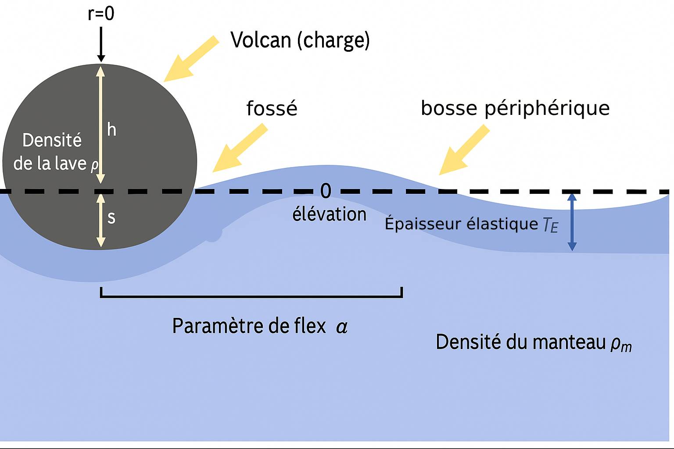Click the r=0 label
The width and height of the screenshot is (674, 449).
click(x=101, y=14)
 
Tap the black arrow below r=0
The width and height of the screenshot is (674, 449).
click(x=101, y=44)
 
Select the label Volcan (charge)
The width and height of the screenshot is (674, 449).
click(x=300, y=40)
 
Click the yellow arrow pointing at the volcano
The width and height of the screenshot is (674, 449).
click(x=191, y=59)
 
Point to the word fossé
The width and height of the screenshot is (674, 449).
click(x=272, y=108)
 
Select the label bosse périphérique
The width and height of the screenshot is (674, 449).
click(x=515, y=108)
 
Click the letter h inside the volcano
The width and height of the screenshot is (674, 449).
click(x=112, y=130)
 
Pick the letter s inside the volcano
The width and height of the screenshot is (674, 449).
click(x=111, y=217)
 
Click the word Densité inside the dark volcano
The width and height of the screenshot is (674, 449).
click(x=52, y=141)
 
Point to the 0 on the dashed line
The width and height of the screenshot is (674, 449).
click(x=326, y=191)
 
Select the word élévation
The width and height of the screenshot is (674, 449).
click(x=329, y=214)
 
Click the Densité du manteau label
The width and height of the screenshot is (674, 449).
click(x=534, y=342)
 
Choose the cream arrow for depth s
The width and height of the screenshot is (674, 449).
click(x=101, y=220)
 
